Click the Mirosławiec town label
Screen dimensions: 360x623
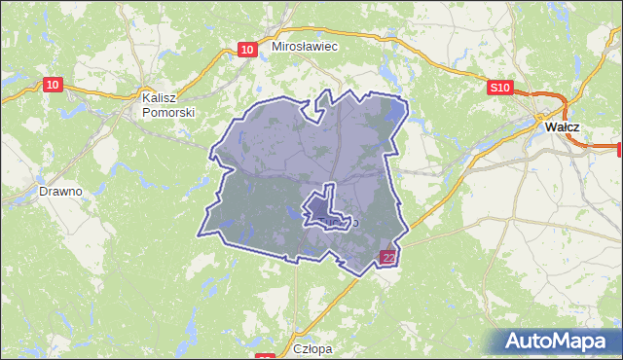coord(305,46)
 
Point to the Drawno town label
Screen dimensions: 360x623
coord(60,191)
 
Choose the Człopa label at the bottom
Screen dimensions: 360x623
coord(312,347)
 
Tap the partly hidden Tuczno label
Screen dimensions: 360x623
coord(341,223)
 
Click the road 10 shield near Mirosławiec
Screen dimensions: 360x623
coord(248,50)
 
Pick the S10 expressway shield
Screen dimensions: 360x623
coord(499,88)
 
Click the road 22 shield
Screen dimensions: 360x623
coord(387,258)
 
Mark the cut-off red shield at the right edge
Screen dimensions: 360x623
coord(619,148)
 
